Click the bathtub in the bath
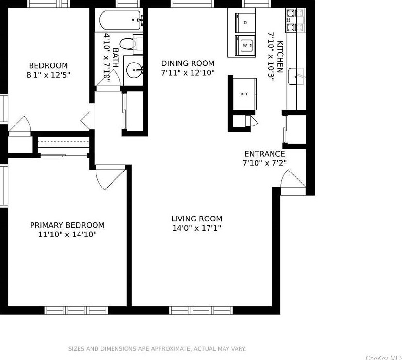[121, 20]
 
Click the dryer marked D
[245, 23]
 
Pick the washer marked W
[245, 46]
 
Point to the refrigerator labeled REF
[244, 94]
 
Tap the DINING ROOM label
[188, 63]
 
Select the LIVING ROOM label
[197, 219]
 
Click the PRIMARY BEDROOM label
[67, 225]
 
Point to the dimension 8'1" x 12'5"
[48, 75]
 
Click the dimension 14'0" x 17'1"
[197, 228]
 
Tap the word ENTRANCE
[265, 154]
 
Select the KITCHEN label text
[280, 57]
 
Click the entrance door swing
[293, 179]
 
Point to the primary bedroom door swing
[111, 178]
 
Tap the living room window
[201, 310]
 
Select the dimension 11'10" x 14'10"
[67, 234]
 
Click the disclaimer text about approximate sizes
[157, 349]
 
